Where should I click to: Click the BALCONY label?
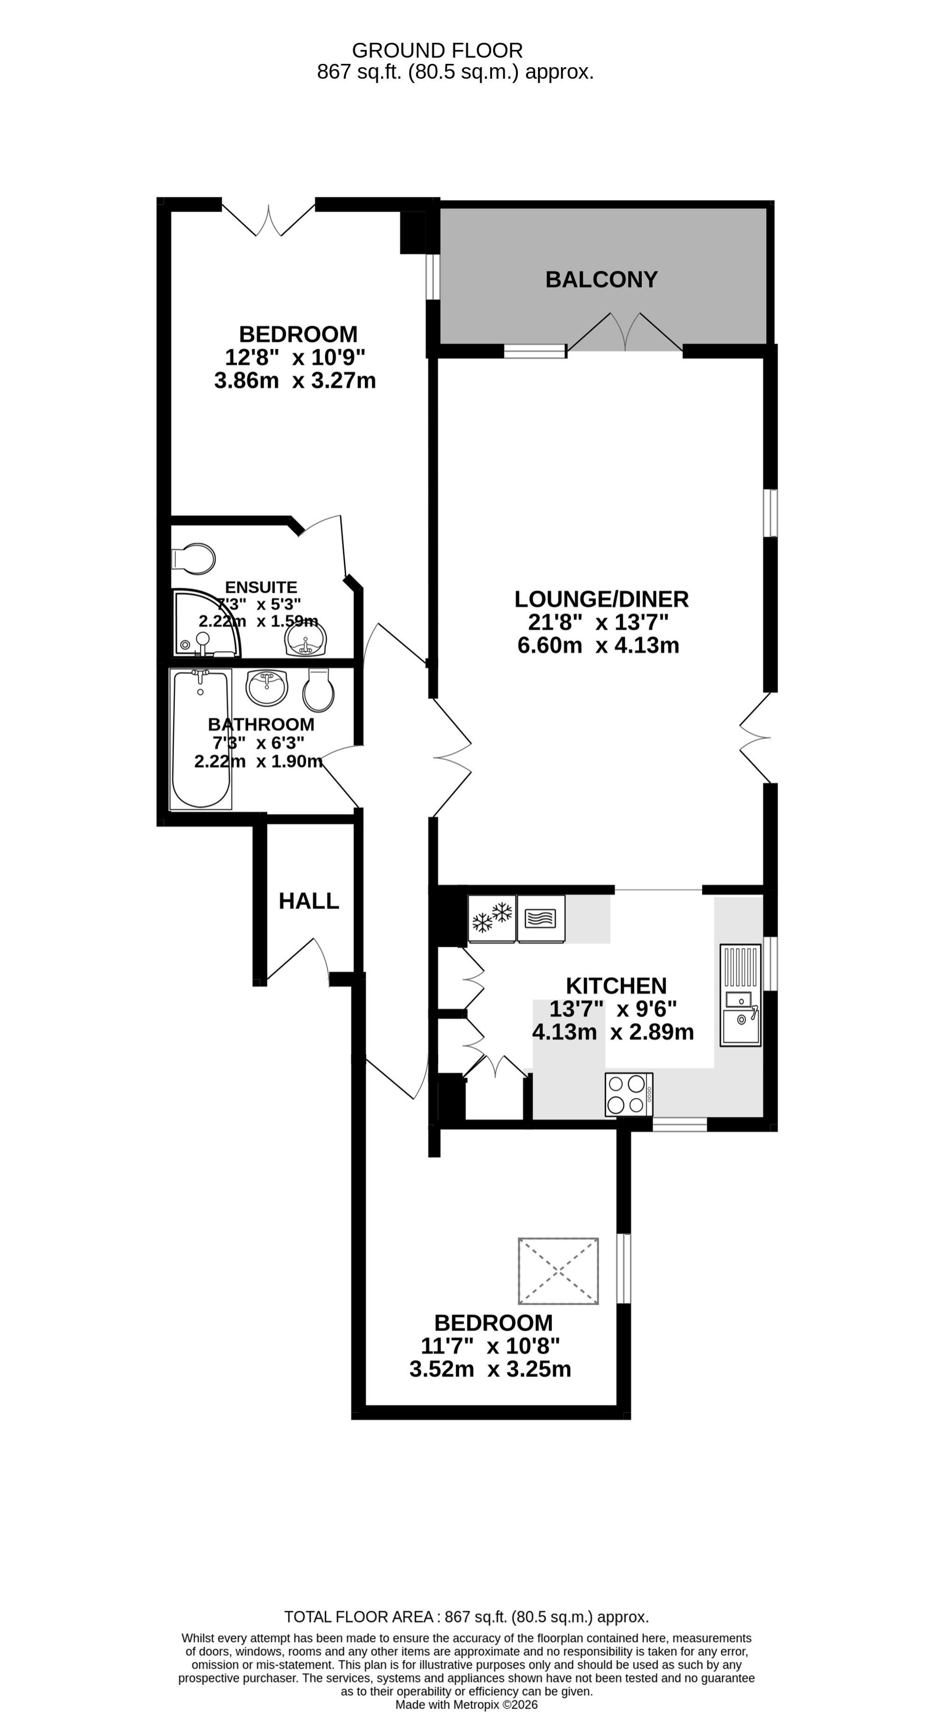click(x=601, y=279)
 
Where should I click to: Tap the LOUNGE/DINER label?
click(x=601, y=600)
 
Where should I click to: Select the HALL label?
click(x=309, y=901)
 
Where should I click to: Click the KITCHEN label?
click(x=616, y=985)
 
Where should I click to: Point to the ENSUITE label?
click(x=261, y=587)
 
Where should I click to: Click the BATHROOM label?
click(x=261, y=724)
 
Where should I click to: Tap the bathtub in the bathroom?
click(x=201, y=739)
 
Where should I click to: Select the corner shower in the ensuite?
click(x=206, y=623)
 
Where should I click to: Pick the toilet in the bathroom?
click(x=318, y=690)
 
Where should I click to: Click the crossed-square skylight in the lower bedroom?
click(x=558, y=1271)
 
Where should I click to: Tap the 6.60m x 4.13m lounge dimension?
click(x=598, y=645)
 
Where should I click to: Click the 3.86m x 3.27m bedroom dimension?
click(x=295, y=381)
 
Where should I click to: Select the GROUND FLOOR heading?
click(x=437, y=50)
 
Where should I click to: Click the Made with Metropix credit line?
click(x=466, y=1705)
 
